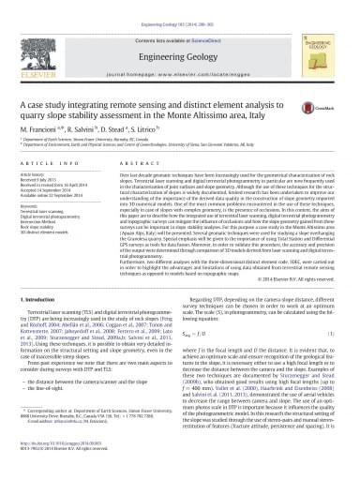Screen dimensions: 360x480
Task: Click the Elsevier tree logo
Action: click(44, 39)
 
